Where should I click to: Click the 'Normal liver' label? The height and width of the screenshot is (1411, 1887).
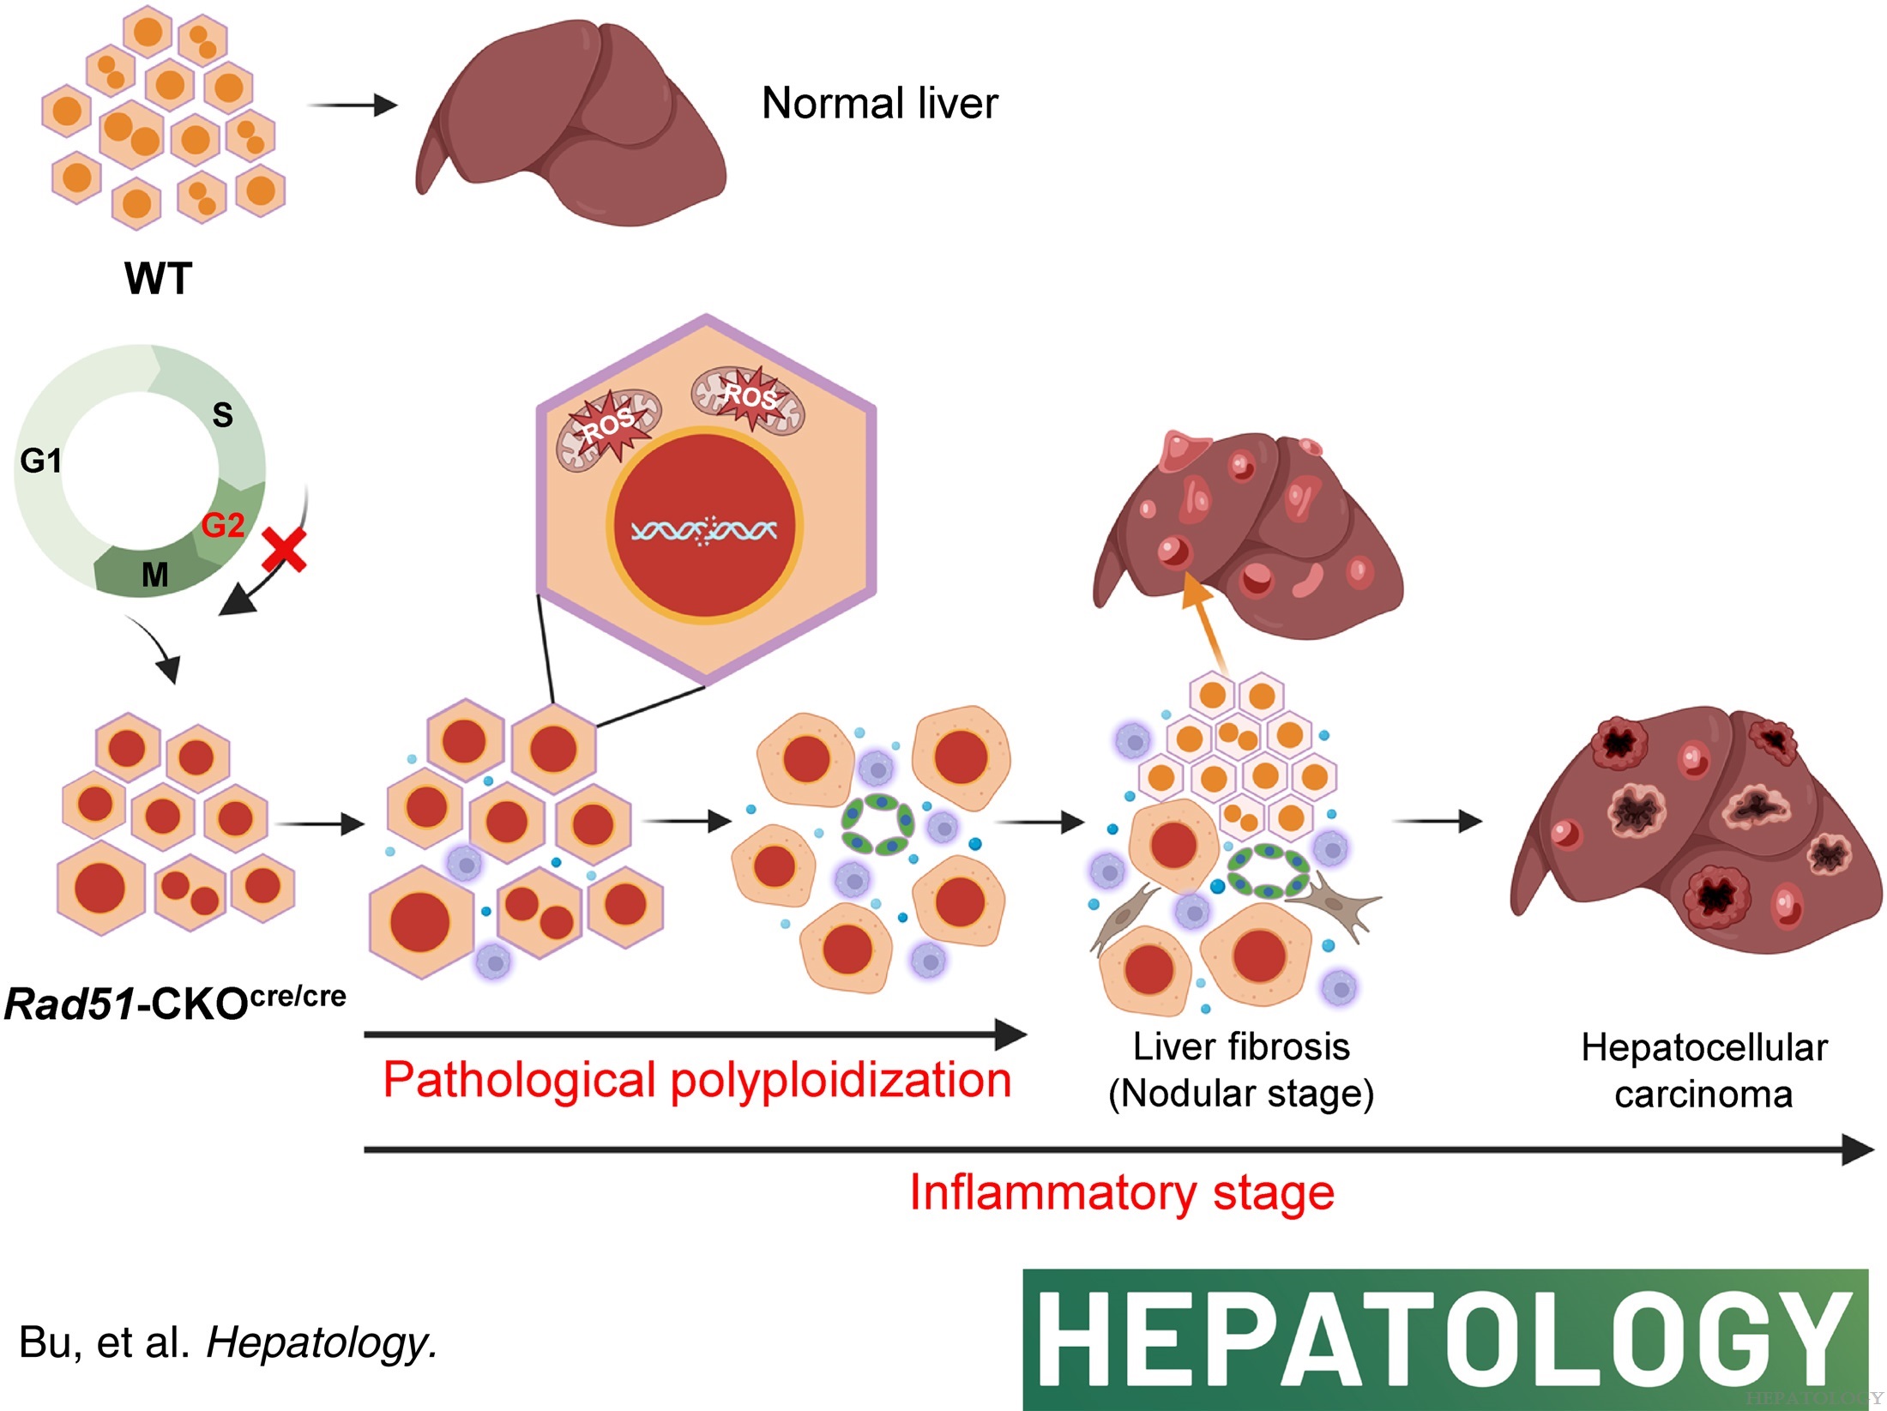click(x=879, y=104)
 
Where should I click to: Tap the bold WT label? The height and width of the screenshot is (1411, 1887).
click(x=159, y=279)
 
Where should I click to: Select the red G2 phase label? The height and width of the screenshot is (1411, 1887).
click(x=223, y=525)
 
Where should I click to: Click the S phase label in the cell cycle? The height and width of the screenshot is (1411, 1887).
click(x=222, y=415)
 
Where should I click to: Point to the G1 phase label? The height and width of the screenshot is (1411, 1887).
click(x=40, y=461)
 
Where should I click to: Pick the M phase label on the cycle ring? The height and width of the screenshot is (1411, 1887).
click(x=154, y=575)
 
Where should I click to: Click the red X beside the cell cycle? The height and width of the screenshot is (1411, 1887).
click(x=284, y=550)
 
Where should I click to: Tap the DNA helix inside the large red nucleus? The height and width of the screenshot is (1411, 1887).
click(x=703, y=531)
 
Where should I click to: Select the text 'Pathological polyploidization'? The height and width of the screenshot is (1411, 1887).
click(x=696, y=1080)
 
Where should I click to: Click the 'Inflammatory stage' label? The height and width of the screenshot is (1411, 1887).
click(x=1121, y=1192)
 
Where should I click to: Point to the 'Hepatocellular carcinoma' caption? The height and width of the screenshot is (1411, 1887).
click(x=1703, y=1071)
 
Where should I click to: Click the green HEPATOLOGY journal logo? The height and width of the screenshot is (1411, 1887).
click(x=1444, y=1339)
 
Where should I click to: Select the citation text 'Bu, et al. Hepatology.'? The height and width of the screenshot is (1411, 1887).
click(x=228, y=1342)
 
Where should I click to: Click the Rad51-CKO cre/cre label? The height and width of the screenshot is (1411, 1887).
click(x=176, y=1002)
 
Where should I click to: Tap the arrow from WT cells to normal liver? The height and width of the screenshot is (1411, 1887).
click(x=353, y=106)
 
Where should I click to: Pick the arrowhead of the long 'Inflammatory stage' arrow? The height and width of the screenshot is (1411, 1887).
click(x=1857, y=1149)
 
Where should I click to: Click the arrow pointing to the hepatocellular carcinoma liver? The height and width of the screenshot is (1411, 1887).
click(x=1437, y=821)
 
